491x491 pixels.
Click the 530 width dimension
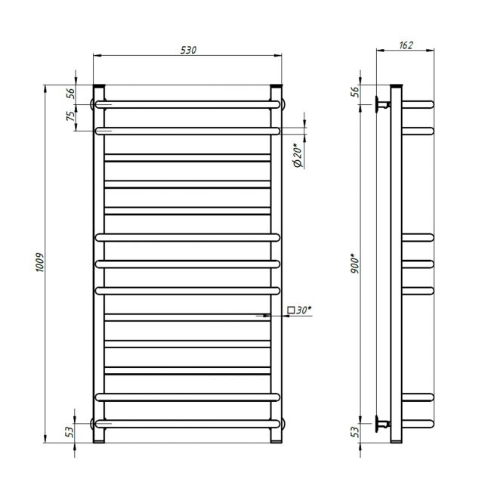coord(188,50)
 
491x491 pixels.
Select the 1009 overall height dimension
coord(40,262)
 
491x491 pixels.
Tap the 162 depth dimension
coord(406,45)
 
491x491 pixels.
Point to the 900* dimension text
coord(355,264)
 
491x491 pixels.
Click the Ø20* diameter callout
coord(298,155)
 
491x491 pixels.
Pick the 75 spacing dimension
coord(72,116)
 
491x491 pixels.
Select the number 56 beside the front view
coord(72,94)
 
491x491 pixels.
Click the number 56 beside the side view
coord(355,91)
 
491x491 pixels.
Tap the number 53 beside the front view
coord(70,432)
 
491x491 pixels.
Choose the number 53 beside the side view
coord(355,432)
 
